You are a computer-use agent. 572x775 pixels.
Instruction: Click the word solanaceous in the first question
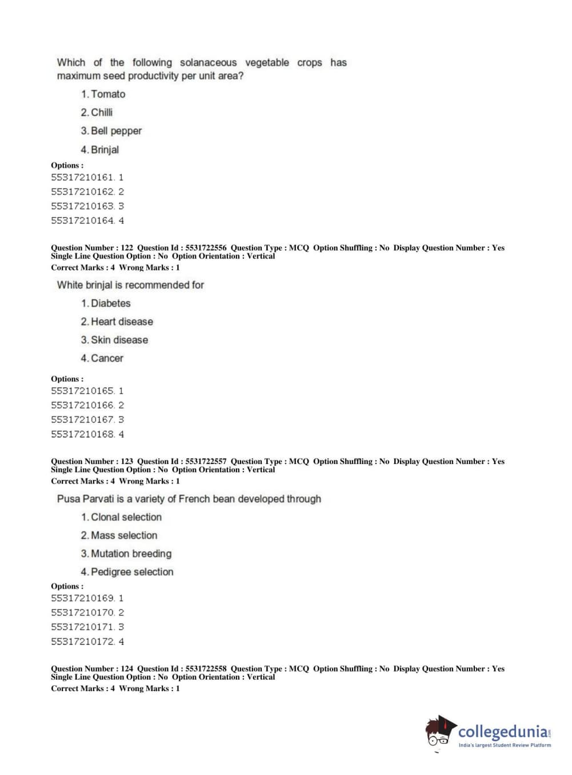[208, 62]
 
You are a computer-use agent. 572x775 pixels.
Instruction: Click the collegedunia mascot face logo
[440, 732]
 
